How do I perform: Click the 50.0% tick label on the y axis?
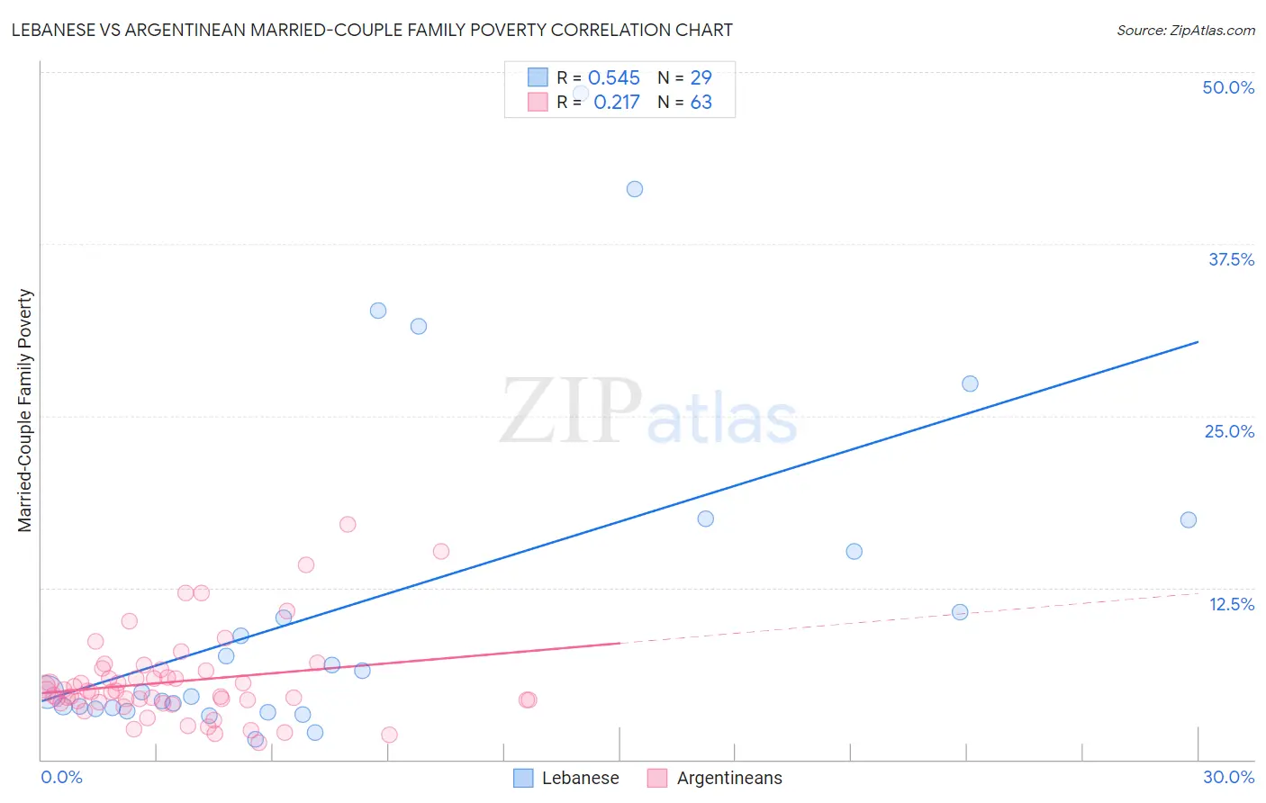1228,87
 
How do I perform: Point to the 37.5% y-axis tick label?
1231,259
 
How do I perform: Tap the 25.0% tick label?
1229,431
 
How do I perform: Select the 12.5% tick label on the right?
1231,604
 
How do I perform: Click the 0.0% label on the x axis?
61,777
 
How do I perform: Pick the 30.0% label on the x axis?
1228,777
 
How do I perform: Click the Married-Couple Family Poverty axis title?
25,411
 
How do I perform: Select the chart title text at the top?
372,30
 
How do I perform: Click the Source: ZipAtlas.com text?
1185,30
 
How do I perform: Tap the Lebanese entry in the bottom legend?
580,778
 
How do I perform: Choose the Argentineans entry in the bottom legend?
729,778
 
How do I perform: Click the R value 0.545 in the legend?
613,77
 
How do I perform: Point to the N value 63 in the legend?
701,103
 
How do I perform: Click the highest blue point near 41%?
635,189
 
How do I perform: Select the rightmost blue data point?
1189,519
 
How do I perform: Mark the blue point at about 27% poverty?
970,383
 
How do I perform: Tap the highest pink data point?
348,524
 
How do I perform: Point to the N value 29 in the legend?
701,77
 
